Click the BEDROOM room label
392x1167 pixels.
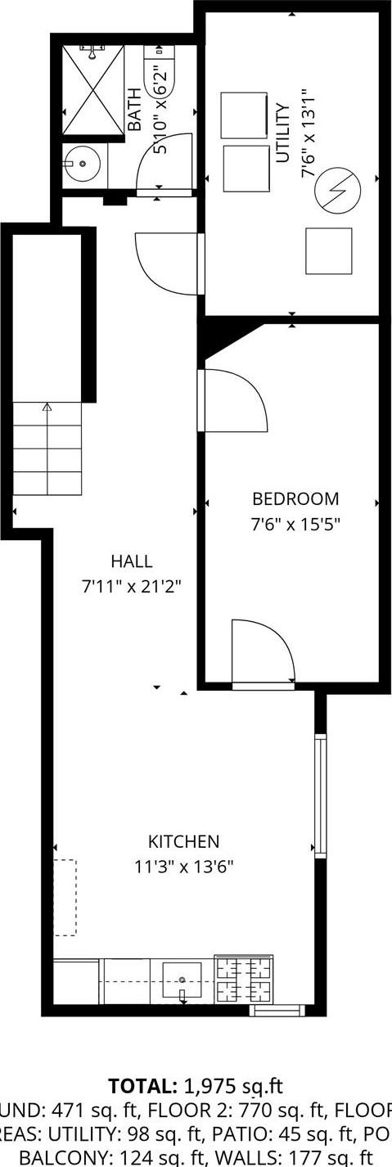(295, 498)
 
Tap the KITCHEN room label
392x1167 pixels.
(183, 841)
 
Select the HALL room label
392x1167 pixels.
(132, 561)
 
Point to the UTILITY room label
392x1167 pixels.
(283, 133)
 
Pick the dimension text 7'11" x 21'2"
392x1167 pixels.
(132, 586)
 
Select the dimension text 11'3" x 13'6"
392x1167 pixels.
(184, 866)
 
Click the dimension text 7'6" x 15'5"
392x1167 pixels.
(295, 523)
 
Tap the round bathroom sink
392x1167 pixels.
(83, 165)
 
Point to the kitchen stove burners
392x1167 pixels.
(243, 980)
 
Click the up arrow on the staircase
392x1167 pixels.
(47, 407)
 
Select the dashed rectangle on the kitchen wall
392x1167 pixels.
(65, 897)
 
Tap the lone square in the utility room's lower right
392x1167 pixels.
(328, 250)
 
